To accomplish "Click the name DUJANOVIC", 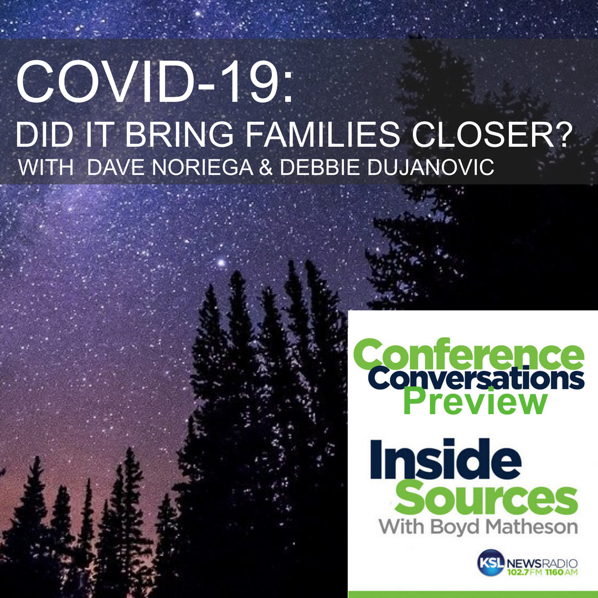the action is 431,167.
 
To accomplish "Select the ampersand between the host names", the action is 266,167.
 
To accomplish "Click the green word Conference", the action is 469,355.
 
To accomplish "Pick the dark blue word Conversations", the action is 476,378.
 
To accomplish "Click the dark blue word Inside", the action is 445,459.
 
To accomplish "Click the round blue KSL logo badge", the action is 491,563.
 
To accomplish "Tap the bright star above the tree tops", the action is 221,262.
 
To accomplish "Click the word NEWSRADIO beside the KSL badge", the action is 542,563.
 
